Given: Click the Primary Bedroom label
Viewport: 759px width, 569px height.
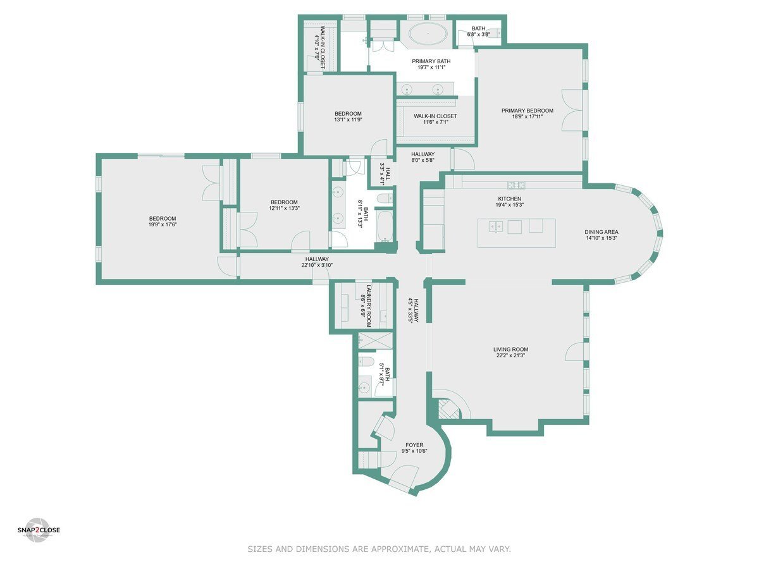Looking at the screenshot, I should (x=527, y=111).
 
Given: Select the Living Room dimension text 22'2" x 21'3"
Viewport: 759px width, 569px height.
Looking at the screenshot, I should (x=510, y=356).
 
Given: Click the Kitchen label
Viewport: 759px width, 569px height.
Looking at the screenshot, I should (x=509, y=199).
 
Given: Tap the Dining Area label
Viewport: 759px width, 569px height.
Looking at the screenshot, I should (x=601, y=232).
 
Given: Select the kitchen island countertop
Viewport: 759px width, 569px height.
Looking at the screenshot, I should (x=517, y=233).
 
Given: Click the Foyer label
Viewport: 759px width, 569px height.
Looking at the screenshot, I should (x=414, y=445).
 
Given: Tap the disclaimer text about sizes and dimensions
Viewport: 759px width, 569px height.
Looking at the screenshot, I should (x=379, y=549).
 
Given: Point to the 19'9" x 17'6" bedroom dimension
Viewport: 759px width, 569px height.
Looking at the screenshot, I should (x=163, y=224).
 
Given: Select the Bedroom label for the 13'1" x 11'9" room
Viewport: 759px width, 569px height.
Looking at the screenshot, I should (x=348, y=113).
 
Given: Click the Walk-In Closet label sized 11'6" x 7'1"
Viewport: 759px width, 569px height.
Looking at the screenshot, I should (x=435, y=116).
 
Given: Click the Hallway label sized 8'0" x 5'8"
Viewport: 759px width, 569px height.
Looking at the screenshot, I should (x=423, y=154).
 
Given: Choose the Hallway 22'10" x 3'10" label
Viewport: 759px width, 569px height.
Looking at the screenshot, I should (x=317, y=259).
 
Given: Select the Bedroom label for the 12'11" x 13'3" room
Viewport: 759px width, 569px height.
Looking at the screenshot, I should (x=283, y=202).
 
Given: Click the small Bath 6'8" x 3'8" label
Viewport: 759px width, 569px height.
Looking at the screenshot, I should (x=478, y=28).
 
